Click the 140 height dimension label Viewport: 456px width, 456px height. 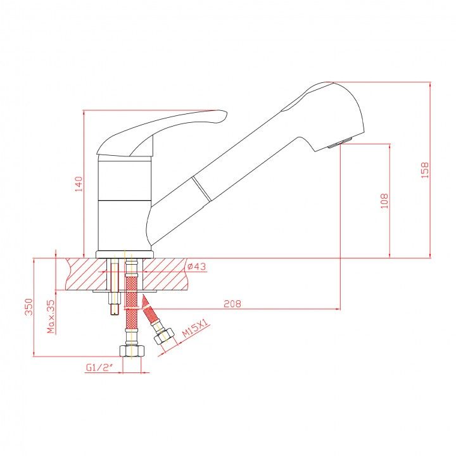tap(79, 184)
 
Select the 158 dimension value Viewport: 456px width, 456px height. tap(425, 170)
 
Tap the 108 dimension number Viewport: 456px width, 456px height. tap(384, 201)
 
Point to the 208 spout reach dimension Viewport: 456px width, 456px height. tap(232, 303)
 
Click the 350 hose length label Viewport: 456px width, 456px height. tap(28, 307)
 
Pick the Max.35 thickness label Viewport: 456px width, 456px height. tap(51, 317)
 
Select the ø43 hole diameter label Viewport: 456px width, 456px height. tap(196, 266)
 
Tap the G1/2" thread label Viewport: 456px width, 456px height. tap(99, 367)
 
